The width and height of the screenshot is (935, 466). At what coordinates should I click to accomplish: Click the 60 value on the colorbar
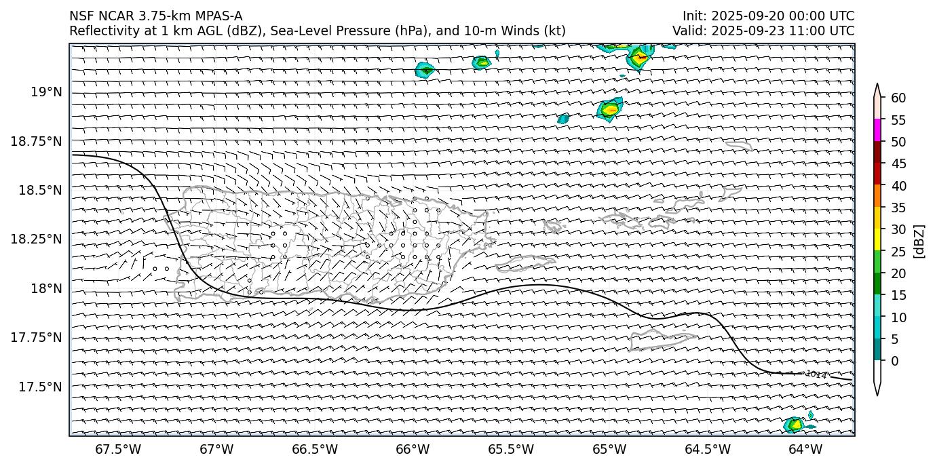898,98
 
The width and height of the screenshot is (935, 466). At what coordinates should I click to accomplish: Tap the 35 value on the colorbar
898,208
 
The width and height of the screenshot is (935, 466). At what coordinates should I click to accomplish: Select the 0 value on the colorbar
895,361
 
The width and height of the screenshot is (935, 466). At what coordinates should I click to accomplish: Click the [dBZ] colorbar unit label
920,240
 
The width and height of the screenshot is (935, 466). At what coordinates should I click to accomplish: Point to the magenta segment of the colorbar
877,130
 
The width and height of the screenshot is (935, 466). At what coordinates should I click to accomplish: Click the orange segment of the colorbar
877,197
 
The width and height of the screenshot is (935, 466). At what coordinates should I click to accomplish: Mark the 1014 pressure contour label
816,374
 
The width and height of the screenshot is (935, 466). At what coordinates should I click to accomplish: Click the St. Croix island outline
661,341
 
